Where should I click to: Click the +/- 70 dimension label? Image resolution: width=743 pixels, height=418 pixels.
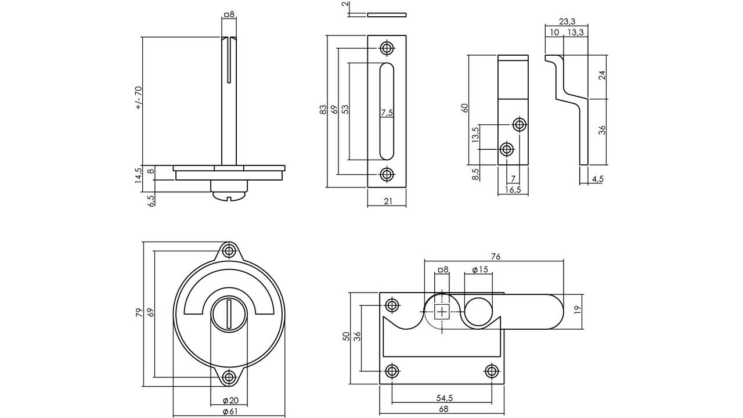click(139, 98)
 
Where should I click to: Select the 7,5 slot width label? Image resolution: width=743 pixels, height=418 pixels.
click(387, 113)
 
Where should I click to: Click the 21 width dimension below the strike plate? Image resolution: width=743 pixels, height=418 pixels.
click(388, 201)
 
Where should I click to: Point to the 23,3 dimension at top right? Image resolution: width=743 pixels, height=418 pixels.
click(567, 21)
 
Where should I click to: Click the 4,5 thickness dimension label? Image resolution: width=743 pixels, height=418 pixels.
click(597, 179)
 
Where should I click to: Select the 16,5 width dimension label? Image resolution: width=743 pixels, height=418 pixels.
click(513, 189)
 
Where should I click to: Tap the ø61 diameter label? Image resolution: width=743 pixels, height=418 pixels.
click(230, 412)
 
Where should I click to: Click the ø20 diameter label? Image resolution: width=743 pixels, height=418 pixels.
click(230, 401)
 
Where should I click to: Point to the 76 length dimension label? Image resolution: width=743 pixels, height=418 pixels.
click(495, 257)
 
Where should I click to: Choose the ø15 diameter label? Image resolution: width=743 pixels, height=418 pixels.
click(480, 269)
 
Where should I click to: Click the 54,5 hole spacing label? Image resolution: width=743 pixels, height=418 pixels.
click(445, 398)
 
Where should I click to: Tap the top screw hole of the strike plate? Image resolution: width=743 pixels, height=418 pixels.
click(387, 48)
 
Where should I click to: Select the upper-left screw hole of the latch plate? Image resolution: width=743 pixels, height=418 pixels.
click(392, 305)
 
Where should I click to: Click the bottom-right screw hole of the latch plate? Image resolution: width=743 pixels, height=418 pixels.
click(492, 371)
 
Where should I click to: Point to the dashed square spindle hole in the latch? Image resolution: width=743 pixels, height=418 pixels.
click(442, 312)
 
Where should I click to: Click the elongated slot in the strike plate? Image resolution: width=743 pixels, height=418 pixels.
click(387, 111)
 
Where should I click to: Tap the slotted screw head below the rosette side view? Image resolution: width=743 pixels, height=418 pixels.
click(229, 196)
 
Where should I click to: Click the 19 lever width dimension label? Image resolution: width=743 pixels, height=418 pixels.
click(578, 310)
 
